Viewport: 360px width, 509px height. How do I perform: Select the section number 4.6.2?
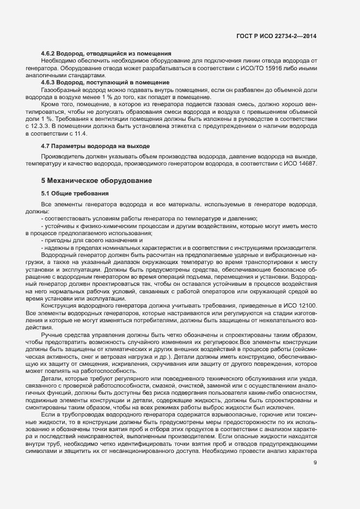click(50, 53)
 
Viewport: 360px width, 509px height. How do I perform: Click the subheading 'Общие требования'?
click(83, 194)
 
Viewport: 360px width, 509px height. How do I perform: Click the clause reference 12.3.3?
click(53, 127)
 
